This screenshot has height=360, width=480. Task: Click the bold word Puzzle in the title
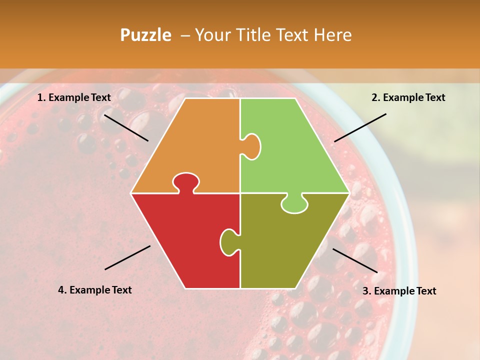pyautogui.click(x=145, y=35)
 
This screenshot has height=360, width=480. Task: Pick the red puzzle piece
pyautogui.click(x=185, y=240)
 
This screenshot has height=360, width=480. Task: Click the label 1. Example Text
pyautogui.click(x=74, y=97)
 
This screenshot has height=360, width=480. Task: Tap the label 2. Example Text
pyautogui.click(x=408, y=97)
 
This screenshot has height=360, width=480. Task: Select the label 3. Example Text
pyautogui.click(x=399, y=291)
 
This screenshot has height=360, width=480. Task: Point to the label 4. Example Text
pyautogui.click(x=95, y=290)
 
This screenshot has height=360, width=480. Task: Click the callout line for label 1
pyautogui.click(x=126, y=127)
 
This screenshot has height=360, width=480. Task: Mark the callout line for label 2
pyautogui.click(x=360, y=127)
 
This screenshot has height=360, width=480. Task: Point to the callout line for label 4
pyautogui.click(x=127, y=257)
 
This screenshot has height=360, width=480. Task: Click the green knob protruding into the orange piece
pyautogui.click(x=251, y=146)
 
